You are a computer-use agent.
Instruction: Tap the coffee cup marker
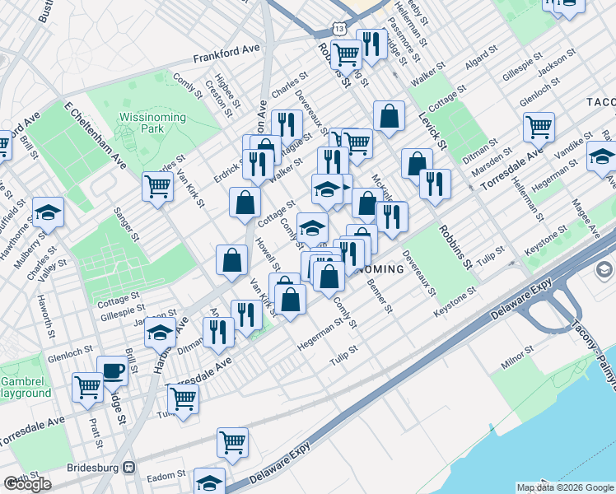(112, 370)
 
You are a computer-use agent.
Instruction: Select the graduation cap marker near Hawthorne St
(49, 212)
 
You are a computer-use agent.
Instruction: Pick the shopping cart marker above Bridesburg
(233, 442)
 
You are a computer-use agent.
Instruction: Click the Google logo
(28, 484)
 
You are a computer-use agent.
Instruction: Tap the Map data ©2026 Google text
(564, 487)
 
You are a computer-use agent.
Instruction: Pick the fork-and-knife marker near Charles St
(287, 125)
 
